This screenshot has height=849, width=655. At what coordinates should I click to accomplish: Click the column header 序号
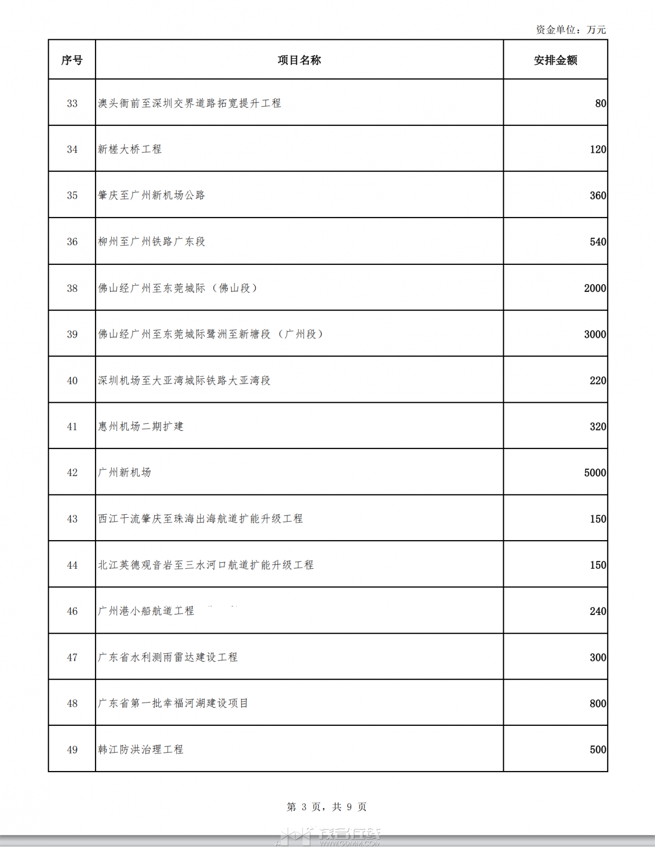[x=72, y=60]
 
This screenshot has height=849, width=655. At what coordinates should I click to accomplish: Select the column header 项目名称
[x=299, y=60]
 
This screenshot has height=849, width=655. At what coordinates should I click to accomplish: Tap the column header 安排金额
[x=555, y=60]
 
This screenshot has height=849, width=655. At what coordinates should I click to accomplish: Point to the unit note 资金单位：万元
[x=571, y=30]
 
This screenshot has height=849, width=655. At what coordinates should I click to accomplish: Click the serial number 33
[x=72, y=103]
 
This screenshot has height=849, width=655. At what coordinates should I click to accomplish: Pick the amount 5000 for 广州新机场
[x=595, y=473]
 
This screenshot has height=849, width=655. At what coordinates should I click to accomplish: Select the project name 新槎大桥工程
[x=130, y=150]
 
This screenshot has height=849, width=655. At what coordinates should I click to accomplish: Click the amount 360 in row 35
[x=598, y=196]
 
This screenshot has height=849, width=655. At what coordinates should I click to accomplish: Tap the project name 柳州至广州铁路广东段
[x=152, y=242]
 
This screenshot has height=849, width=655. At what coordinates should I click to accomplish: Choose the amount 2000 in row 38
[x=595, y=288]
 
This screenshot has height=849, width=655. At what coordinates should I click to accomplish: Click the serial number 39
[x=72, y=334]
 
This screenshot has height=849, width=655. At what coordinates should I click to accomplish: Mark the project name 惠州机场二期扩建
[x=141, y=427]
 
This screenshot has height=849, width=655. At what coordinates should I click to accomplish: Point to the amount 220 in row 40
[x=598, y=380]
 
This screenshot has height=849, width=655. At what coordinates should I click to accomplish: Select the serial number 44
[x=72, y=565]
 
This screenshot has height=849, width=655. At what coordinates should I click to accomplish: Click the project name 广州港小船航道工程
[x=146, y=611]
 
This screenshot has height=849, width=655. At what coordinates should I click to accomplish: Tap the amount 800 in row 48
[x=598, y=704]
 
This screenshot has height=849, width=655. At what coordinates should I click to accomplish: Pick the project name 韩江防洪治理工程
[x=141, y=750]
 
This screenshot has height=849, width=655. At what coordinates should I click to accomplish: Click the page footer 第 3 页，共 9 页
[x=327, y=807]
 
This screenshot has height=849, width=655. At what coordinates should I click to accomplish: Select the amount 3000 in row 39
[x=595, y=334]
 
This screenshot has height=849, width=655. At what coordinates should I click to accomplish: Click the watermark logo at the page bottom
[x=329, y=837]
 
